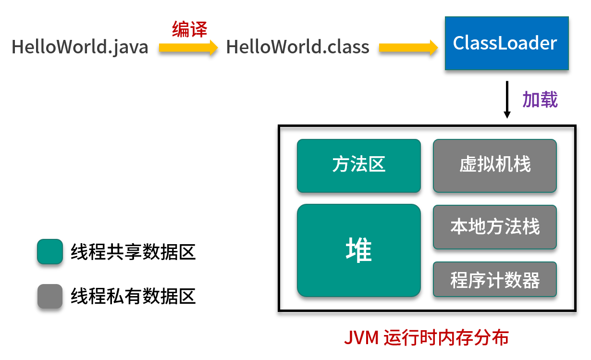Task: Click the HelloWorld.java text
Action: [80, 47]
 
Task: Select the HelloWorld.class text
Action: [297, 47]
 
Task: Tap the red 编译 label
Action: [189, 30]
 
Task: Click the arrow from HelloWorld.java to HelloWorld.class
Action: [188, 47]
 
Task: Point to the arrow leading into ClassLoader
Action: [408, 47]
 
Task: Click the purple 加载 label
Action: [540, 100]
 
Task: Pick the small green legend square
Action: [50, 251]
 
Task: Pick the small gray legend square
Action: [50, 296]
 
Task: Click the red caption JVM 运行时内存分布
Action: [426, 338]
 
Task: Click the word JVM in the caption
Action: [361, 338]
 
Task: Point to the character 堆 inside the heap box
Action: [358, 250]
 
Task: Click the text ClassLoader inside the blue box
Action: [505, 43]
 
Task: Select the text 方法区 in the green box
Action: [358, 165]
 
